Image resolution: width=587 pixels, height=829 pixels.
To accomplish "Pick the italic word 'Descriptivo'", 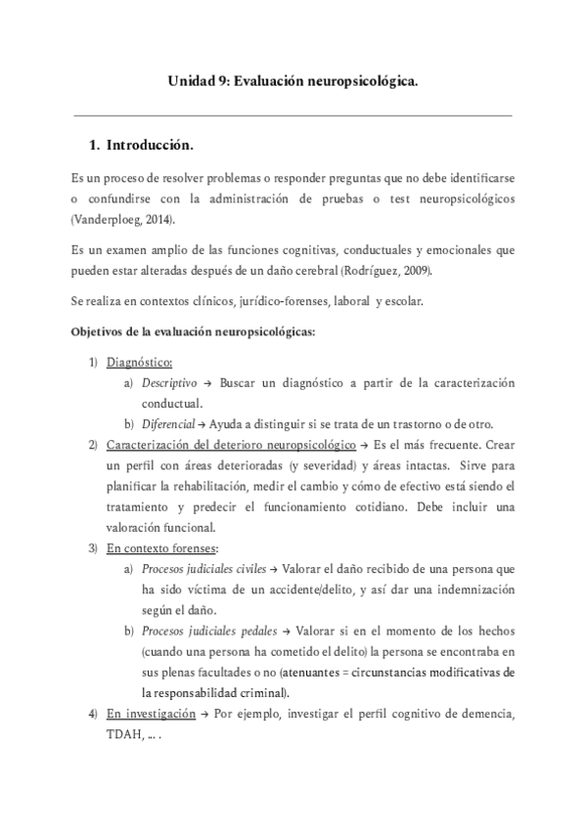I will pos(169,383).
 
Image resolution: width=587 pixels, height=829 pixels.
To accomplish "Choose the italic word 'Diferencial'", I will pos(168,423).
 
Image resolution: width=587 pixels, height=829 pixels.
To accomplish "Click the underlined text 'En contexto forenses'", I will pos(161,546).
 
